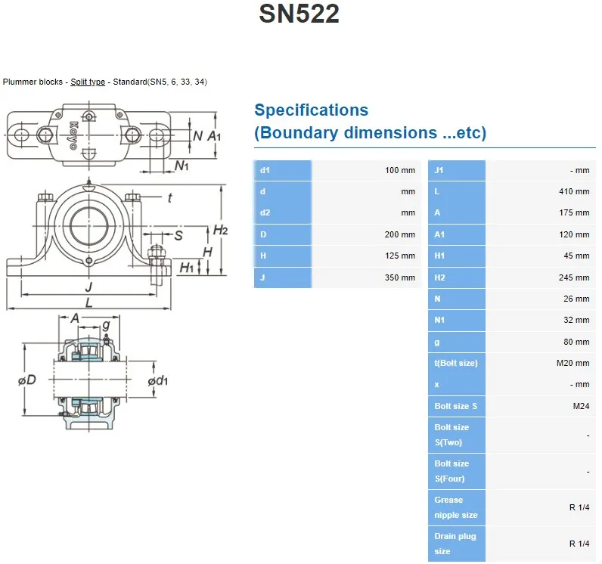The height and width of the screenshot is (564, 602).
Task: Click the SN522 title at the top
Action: coord(299,14)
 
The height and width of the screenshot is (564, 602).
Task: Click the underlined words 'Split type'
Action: coord(88,82)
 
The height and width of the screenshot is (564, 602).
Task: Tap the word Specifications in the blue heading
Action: coord(311,110)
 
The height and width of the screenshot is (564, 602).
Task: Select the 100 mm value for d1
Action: coord(400,171)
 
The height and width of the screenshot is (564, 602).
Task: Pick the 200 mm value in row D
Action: coord(400,235)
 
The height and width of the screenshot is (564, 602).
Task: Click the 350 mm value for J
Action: coord(400,277)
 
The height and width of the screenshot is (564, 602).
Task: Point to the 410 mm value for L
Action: coord(574,192)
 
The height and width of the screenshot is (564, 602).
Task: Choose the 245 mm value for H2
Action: coord(574,278)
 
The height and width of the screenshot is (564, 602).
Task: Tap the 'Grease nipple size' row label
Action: coord(456,507)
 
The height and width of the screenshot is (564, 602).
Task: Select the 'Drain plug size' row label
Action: coord(455,544)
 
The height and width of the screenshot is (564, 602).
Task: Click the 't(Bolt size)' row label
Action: coord(456,364)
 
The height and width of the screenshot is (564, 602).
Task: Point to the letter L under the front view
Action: coord(89,303)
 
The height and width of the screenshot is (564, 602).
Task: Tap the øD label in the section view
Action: coord(26,380)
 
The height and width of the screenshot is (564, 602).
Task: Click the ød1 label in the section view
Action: coord(157,380)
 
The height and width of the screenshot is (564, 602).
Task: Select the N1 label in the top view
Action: coord(182,166)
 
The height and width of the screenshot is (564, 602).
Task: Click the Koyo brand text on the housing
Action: coord(74,135)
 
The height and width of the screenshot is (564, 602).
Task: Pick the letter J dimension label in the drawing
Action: coord(89,287)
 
